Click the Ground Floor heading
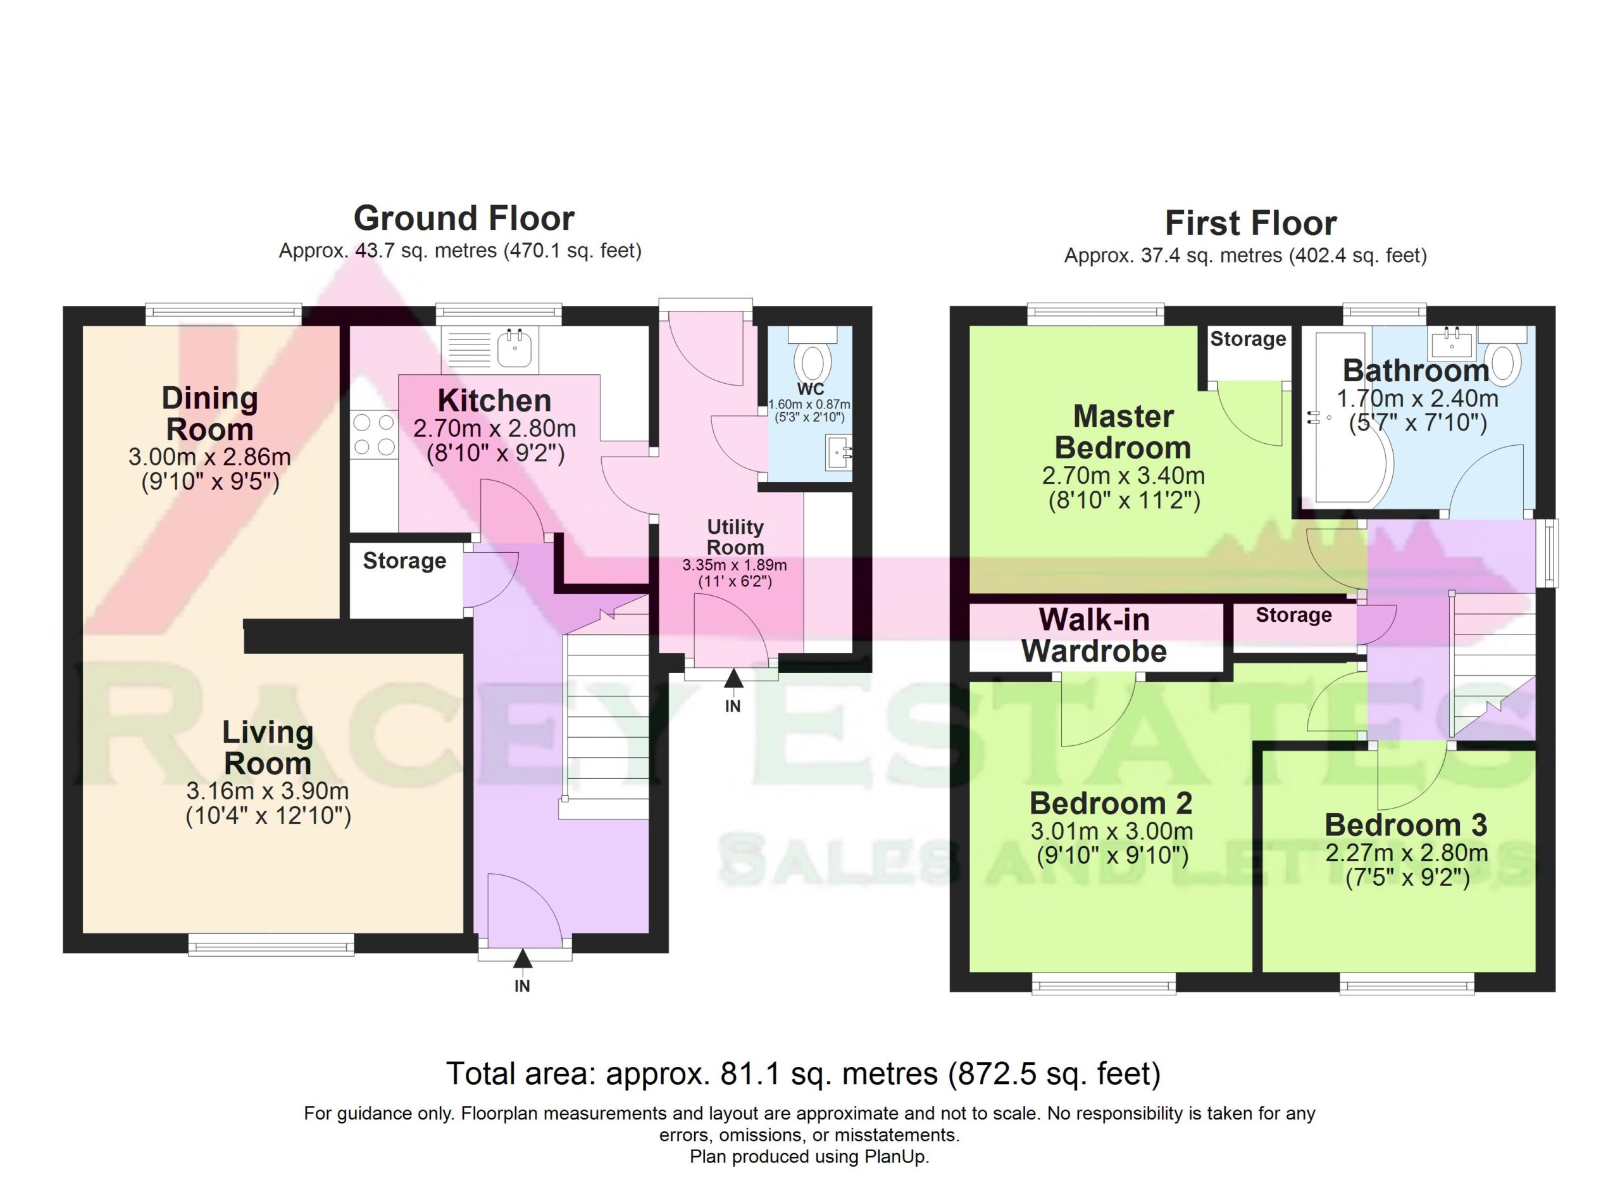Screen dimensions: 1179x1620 [x=464, y=218]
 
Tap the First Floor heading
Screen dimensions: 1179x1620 [x=1250, y=223]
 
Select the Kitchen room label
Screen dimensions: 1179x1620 [x=494, y=401]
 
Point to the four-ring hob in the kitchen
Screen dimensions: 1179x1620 [x=373, y=434]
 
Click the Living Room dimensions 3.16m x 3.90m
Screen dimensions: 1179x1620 [x=267, y=791]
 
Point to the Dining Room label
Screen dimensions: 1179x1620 [x=209, y=413]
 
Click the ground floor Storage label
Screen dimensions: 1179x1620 [x=404, y=561]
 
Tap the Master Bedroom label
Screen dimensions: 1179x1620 [x=1123, y=432]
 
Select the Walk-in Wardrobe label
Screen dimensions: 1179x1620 [x=1093, y=635]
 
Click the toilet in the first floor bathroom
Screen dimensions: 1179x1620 [x=1503, y=361]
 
